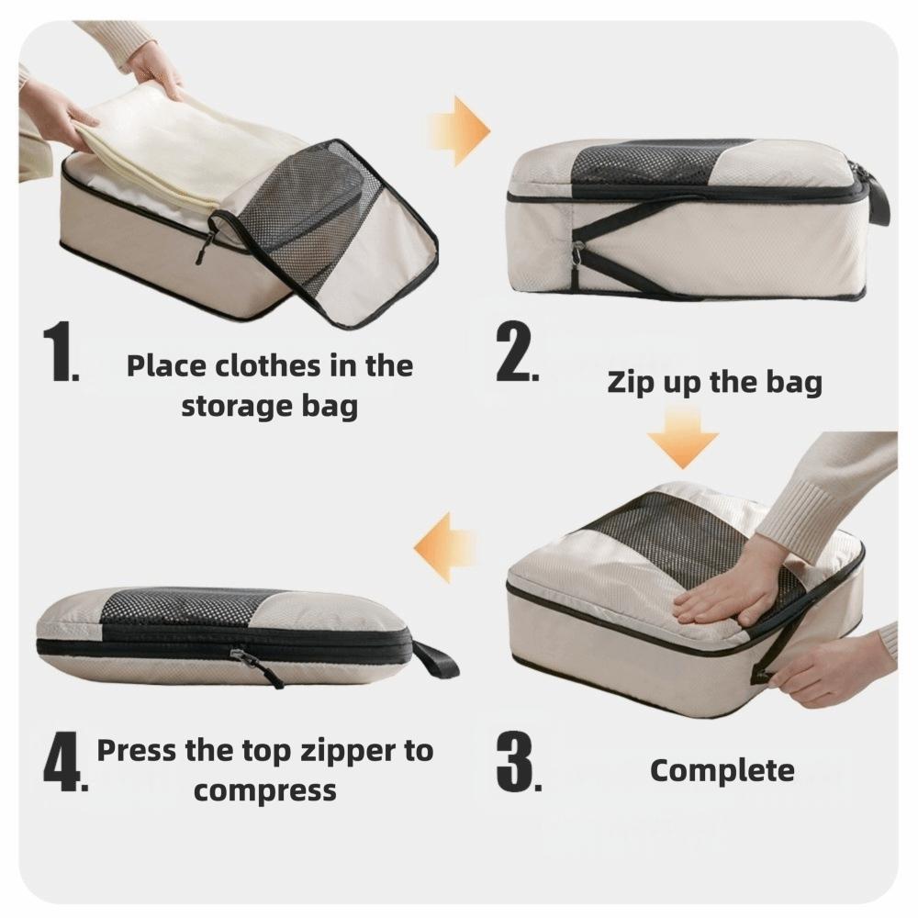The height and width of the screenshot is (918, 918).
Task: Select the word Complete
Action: click(722, 770)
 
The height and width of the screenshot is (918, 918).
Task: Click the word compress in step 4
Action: click(264, 789)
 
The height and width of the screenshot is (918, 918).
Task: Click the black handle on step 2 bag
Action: click(877, 197)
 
